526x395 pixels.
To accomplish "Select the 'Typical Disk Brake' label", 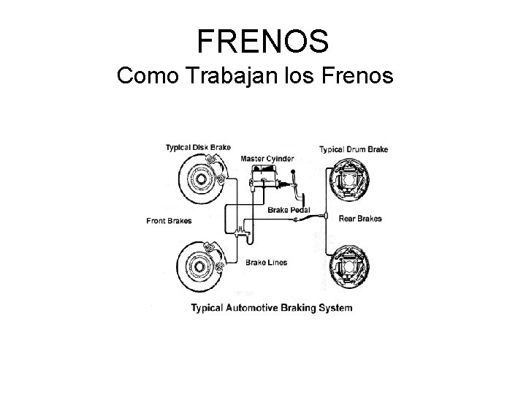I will [x=198, y=147].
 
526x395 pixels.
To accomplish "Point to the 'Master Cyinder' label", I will [x=267, y=158].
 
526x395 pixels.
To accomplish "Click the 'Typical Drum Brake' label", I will [x=354, y=149].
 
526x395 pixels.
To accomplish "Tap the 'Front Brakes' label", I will [x=169, y=220].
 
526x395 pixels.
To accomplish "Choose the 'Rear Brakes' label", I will [x=359, y=219].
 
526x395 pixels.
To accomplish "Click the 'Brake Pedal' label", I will [x=289, y=210].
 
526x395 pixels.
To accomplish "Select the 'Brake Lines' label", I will [x=267, y=262].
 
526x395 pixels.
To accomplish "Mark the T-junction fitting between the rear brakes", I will [x=323, y=218].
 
